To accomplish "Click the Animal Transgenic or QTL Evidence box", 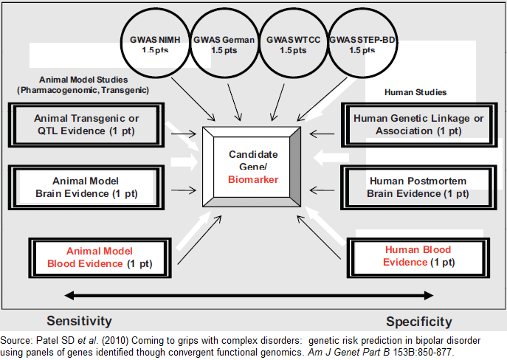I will (86, 124).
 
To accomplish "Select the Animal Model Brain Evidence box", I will (86, 187).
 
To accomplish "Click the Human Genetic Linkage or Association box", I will (418, 124).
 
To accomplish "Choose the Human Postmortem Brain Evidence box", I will (418, 187).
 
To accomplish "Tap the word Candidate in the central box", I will (252, 156).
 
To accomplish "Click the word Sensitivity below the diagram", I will (79, 321).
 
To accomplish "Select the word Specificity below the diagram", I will (419, 322).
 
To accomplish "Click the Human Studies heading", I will (415, 92).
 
